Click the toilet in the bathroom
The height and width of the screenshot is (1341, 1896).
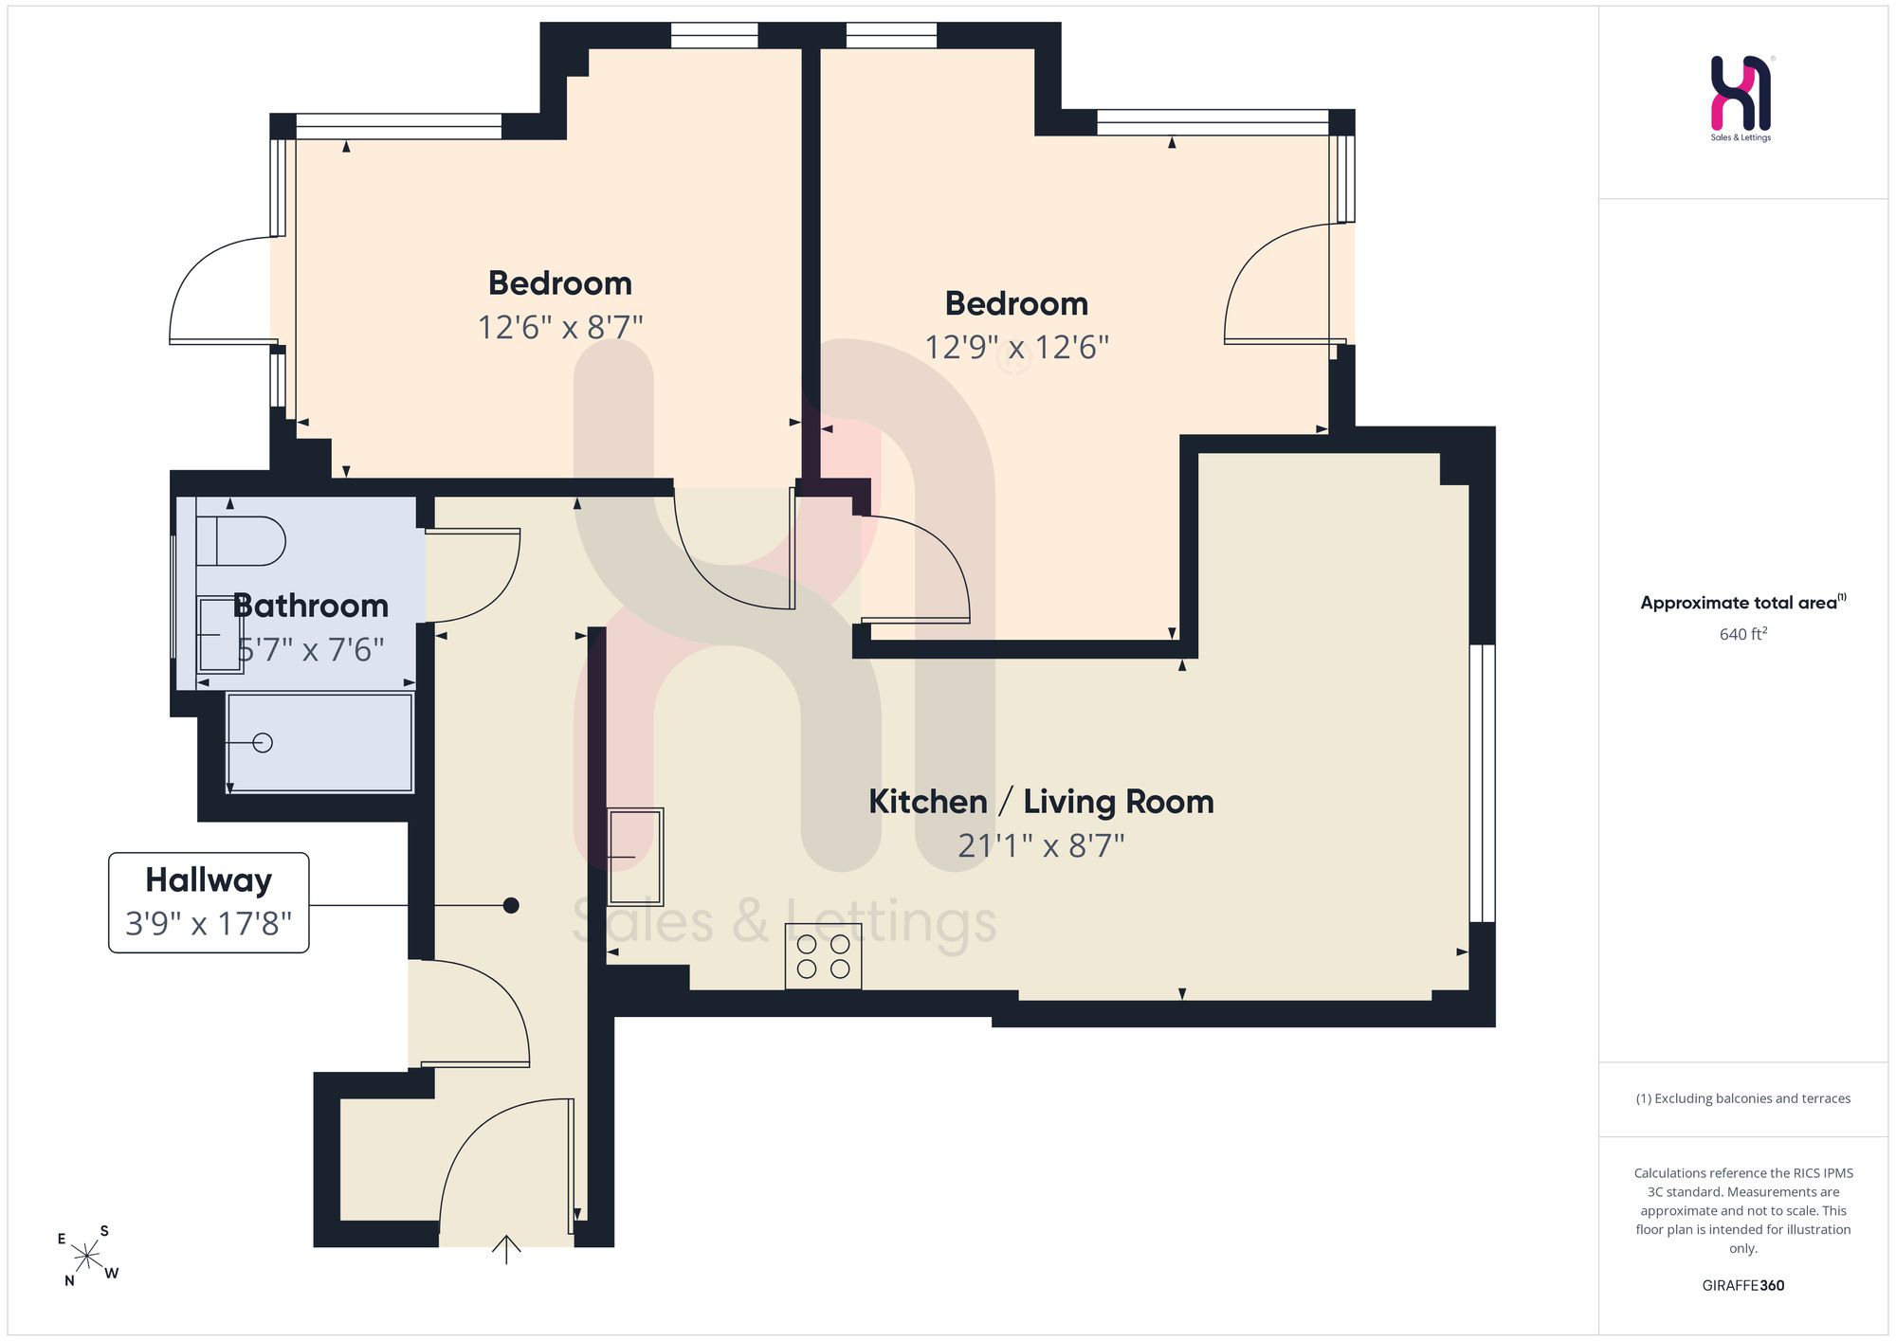(241, 541)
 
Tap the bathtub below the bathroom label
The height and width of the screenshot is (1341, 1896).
(320, 742)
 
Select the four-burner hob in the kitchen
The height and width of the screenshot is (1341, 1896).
(823, 956)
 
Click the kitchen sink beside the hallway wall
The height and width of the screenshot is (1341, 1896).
(635, 857)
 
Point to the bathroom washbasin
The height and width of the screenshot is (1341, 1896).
(220, 634)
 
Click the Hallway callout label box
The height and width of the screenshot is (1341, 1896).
(209, 902)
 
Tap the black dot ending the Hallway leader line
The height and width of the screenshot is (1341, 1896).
(511, 905)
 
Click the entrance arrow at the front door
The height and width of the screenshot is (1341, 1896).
(507, 1249)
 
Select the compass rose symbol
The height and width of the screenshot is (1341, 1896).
(86, 1256)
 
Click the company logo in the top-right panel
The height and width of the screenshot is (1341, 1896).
(1741, 98)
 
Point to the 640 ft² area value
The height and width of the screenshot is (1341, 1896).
(1743, 633)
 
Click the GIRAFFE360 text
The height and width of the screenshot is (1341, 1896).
(1742, 1285)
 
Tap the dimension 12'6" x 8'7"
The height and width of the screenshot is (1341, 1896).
(560, 327)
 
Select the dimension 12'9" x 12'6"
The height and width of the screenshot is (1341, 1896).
(1016, 347)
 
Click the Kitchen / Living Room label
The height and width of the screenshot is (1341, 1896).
(1041, 802)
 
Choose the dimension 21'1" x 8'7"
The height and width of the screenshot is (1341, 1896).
(1041, 844)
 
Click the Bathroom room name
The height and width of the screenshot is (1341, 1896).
(311, 606)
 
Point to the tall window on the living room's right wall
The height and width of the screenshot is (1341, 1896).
(1482, 783)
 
